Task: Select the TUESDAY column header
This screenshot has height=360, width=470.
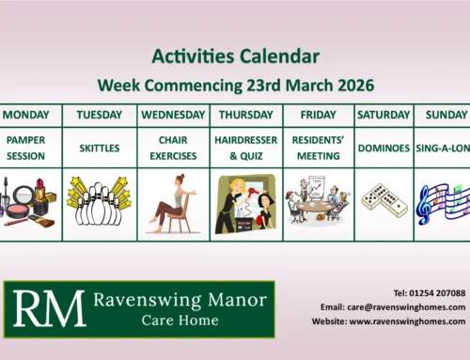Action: click(99, 117)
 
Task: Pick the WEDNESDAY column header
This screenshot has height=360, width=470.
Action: click(173, 117)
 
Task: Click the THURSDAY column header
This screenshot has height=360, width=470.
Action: click(246, 117)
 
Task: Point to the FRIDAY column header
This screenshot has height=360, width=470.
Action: click(319, 117)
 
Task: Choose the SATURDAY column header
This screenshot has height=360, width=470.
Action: click(384, 117)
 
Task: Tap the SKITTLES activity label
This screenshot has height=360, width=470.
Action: click(99, 149)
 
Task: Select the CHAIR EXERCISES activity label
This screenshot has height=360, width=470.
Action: click(173, 149)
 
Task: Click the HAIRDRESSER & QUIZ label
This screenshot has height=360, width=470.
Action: click(246, 149)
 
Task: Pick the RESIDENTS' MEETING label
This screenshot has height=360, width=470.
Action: click(319, 149)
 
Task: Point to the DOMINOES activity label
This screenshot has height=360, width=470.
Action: click(384, 149)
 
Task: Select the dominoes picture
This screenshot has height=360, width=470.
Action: click(384, 201)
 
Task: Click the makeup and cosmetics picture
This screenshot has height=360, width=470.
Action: click(31, 201)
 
